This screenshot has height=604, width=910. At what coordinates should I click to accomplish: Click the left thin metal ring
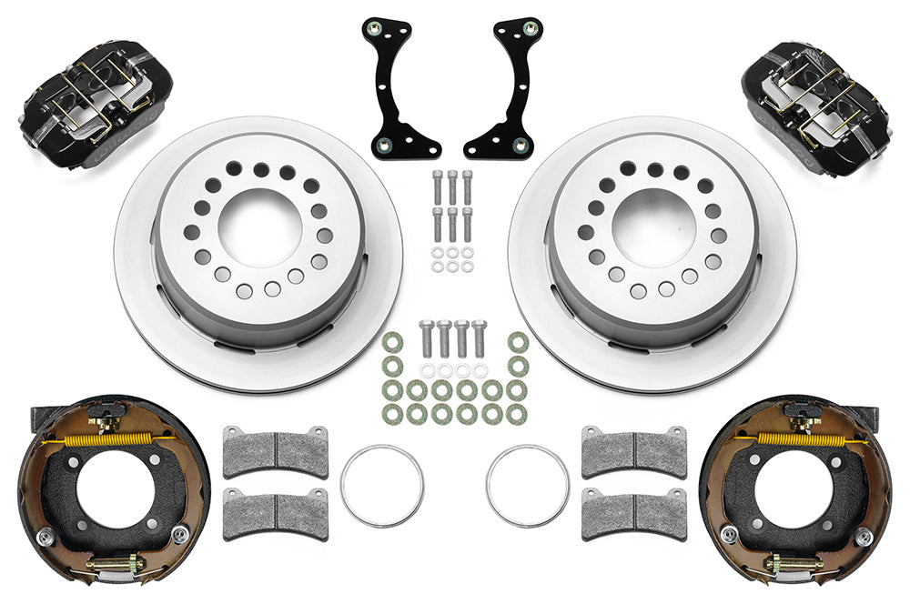[x=382, y=484]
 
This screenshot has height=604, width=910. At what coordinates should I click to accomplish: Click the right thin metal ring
[x=528, y=484]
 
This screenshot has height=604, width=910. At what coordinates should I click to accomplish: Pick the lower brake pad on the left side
[x=276, y=513]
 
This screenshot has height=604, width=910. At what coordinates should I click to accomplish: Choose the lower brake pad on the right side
[x=634, y=513]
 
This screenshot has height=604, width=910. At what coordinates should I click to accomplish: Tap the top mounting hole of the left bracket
[x=373, y=27]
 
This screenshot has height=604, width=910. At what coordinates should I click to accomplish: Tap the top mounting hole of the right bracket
[x=526, y=27]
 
